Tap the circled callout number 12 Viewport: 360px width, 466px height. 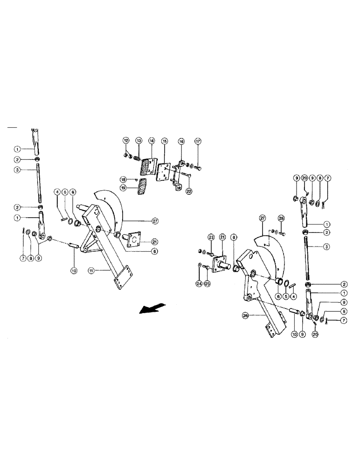pyautogui.click(x=126, y=140)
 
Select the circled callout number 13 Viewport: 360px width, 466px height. pyautogui.click(x=138, y=140)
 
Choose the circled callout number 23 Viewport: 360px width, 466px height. pyautogui.click(x=211, y=237)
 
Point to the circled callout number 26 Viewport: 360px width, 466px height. pyautogui.click(x=245, y=315)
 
